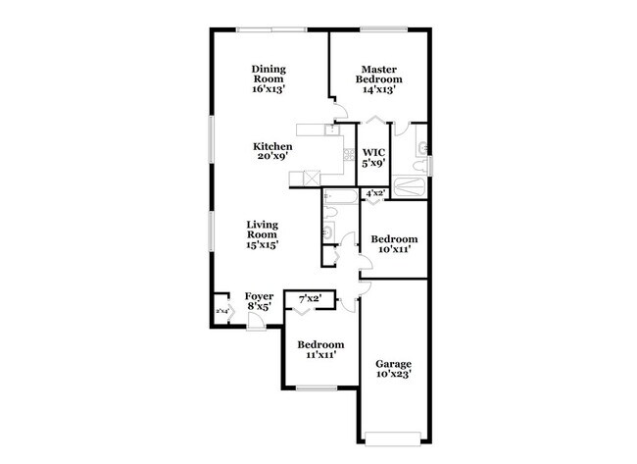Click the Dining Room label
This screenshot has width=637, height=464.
pos(269,78)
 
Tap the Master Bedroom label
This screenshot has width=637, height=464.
pos(377,78)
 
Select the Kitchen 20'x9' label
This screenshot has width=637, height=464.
pos(271,151)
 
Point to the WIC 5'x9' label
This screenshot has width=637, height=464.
pos(374,158)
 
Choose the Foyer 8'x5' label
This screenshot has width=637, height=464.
pos(259,300)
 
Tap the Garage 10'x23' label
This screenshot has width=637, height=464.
pos(394,368)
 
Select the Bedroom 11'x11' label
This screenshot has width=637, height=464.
pos(320,350)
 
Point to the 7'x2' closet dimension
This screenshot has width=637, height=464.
pos(311,296)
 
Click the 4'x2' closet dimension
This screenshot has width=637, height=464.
pos(374,194)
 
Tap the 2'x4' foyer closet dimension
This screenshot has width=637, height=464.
pos(222,311)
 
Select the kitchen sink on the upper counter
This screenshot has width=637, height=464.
pos(332,128)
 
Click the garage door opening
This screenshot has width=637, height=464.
pos(394,434)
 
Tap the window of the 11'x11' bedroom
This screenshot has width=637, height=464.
pos(317,388)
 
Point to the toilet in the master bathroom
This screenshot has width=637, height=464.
pos(419,148)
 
